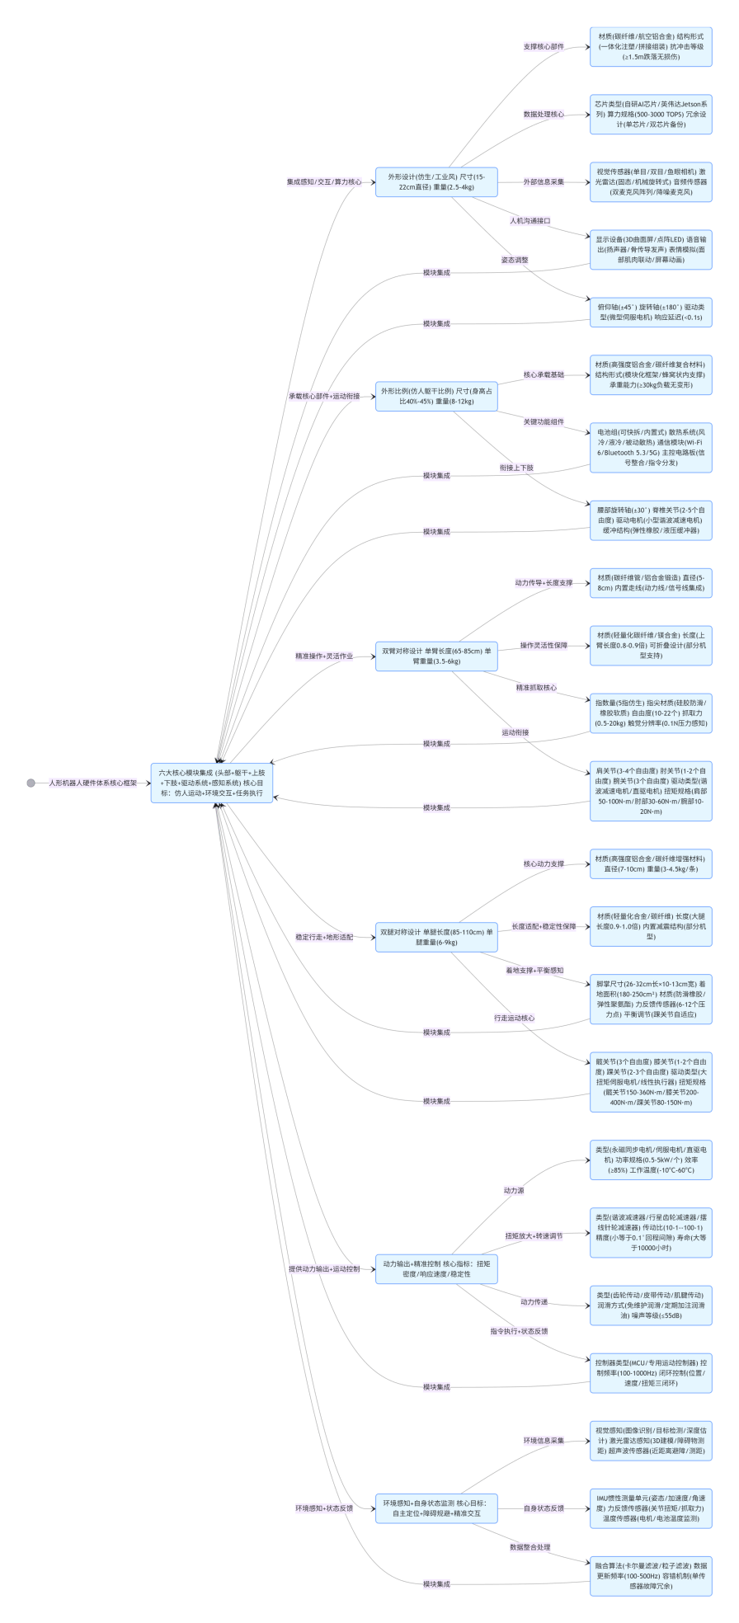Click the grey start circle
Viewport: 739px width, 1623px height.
[31, 783]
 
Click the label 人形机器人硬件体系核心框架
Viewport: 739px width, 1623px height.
[92, 783]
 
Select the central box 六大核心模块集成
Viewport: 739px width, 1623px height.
[211, 783]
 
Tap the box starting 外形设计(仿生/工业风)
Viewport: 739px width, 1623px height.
[436, 181]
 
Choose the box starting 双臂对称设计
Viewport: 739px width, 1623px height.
[436, 656]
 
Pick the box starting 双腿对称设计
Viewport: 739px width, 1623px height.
[436, 937]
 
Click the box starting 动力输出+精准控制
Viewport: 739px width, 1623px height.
[436, 1268]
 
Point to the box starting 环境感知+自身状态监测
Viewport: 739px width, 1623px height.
[436, 1508]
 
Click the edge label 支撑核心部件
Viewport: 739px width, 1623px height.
[544, 47]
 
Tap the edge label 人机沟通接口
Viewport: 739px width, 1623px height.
[530, 221]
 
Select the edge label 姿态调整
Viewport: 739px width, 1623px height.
[515, 260]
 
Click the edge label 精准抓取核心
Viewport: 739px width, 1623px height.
[536, 687]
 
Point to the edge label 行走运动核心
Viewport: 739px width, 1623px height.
[514, 1018]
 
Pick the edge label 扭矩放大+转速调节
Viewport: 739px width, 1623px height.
[534, 1235]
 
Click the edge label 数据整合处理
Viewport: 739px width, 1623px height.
[530, 1547]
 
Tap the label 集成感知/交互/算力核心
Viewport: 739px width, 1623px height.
[324, 181]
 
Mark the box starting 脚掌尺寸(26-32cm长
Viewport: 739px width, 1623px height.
[651, 999]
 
